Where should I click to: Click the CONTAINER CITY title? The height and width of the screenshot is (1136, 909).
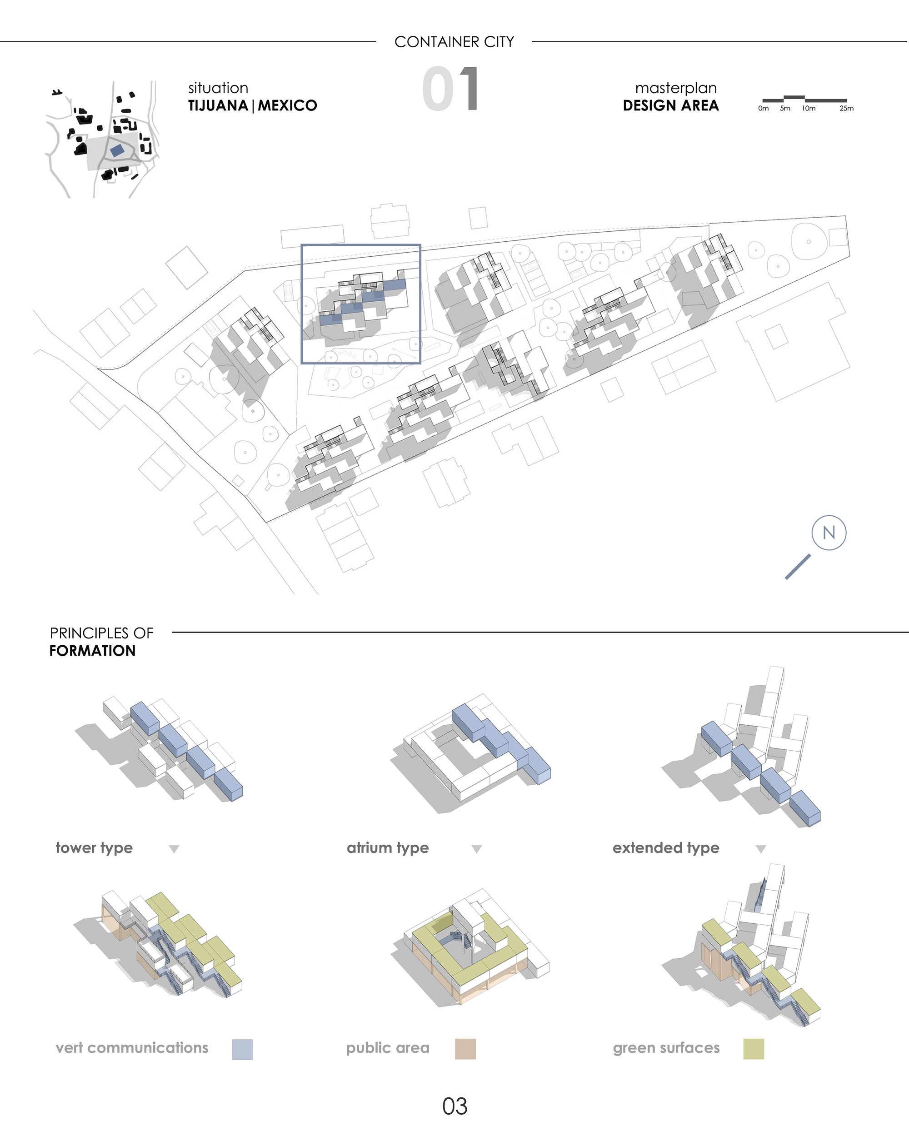tap(454, 42)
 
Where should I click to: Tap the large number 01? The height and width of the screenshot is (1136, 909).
tap(451, 89)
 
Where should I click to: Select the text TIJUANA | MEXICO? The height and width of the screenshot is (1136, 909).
tap(252, 105)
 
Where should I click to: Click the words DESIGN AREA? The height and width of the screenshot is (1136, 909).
tap(670, 105)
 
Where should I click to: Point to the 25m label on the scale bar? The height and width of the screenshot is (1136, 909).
tap(846, 108)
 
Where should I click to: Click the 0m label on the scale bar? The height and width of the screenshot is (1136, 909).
tap(763, 108)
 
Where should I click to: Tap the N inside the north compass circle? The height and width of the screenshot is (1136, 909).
tap(829, 533)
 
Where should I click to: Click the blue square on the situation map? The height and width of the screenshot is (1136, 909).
tap(117, 150)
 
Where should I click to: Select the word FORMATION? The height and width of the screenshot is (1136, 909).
tap(93, 651)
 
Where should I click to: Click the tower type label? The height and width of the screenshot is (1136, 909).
tap(95, 848)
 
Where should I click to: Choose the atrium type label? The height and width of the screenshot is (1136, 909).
tap(388, 848)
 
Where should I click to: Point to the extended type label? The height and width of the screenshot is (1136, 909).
tap(665, 848)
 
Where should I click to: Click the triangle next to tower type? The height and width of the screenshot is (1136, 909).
tap(174, 849)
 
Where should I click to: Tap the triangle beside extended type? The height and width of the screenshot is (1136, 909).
tap(760, 849)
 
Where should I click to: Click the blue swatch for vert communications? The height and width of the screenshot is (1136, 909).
tap(242, 1050)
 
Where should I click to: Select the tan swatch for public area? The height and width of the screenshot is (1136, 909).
tap(465, 1049)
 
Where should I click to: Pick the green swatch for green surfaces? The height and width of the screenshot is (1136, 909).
tap(754, 1049)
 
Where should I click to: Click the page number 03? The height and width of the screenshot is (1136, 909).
tap(455, 1106)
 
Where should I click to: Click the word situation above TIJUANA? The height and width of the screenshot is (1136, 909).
tap(218, 88)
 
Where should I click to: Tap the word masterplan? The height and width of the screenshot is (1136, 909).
tap(676, 88)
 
